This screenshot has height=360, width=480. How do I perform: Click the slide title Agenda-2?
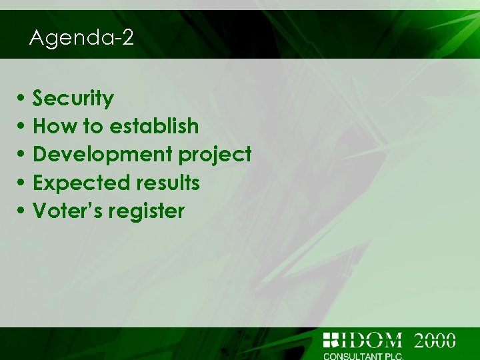point(81,38)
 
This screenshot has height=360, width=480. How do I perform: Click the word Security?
point(73,99)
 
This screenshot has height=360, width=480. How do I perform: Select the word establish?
point(153,126)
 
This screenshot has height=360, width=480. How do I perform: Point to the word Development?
point(103,155)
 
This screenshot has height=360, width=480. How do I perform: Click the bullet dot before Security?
point(23,99)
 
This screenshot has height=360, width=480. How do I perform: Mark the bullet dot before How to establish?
point(23,127)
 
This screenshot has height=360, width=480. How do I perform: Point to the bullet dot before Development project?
point(23,155)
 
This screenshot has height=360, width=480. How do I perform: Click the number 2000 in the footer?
point(435,340)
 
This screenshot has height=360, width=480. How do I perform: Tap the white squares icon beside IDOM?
point(331,339)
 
